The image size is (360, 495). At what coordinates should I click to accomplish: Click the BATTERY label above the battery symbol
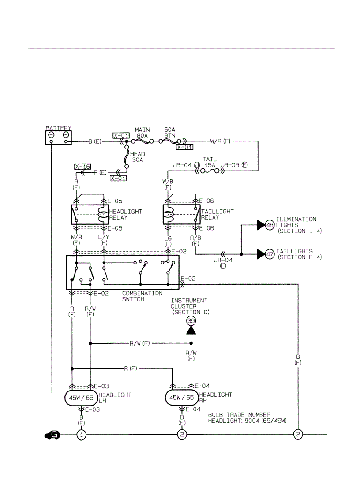[x=58, y=128]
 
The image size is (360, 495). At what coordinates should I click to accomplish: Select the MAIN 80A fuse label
[x=142, y=133]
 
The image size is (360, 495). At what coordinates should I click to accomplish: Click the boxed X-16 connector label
[x=82, y=167]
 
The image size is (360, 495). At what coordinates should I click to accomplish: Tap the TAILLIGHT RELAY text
[x=217, y=215]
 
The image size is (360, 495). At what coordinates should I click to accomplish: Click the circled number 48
[x=270, y=226]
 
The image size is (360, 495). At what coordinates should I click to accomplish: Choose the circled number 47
[x=270, y=254]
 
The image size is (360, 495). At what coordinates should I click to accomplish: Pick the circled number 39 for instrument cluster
[x=191, y=321]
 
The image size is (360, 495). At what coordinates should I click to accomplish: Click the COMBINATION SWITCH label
[x=142, y=296]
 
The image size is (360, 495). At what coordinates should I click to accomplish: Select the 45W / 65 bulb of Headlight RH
[x=182, y=398]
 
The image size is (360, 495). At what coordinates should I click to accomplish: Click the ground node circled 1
[x=81, y=435]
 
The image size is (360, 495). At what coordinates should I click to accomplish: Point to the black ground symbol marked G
[x=52, y=435]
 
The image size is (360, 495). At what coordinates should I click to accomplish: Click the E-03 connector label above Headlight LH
[x=101, y=386]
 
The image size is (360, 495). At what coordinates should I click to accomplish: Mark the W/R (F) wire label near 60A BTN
[x=220, y=141]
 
